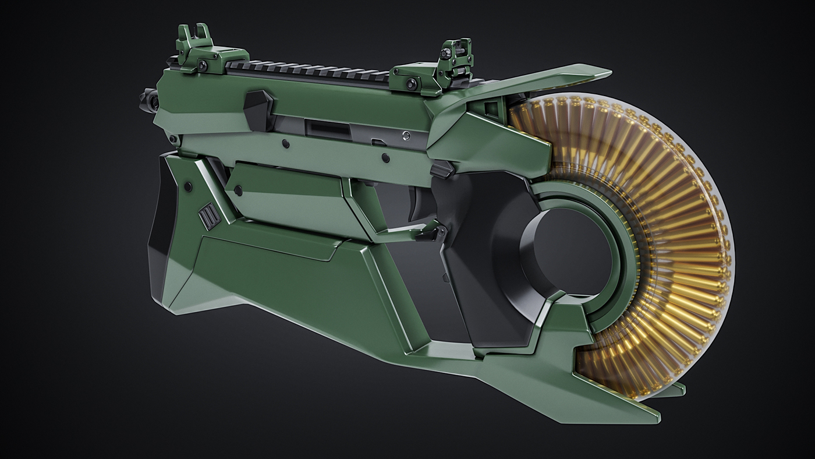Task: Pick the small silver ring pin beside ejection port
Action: (406, 136)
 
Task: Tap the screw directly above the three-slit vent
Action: (188, 186)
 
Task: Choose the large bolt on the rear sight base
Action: (412, 84)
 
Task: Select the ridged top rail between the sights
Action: (309, 71)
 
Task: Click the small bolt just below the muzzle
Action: (172, 139)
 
